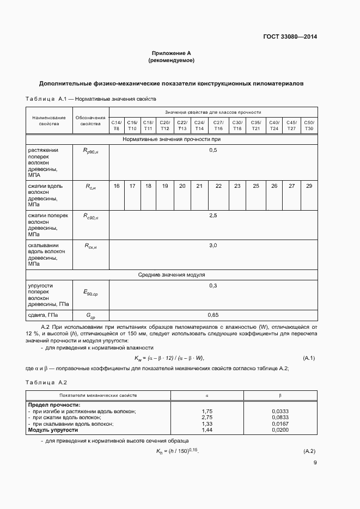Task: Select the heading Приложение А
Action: [172, 53]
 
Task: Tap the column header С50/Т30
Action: [309, 125]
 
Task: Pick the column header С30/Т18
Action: [237, 125]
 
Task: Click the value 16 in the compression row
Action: [117, 186]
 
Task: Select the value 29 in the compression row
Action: [309, 186]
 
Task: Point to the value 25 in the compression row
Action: [256, 186]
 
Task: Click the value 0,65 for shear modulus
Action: [213, 315]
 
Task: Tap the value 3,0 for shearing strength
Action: [213, 246]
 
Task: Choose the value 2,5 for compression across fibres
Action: [213, 216]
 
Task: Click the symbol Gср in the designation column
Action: [90, 316]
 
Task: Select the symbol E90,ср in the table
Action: [90, 293]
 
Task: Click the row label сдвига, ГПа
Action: [42, 315]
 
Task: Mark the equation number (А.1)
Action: [309, 358]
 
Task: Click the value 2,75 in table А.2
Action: [207, 417]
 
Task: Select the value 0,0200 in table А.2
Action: [279, 430]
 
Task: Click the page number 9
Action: [315, 463]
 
